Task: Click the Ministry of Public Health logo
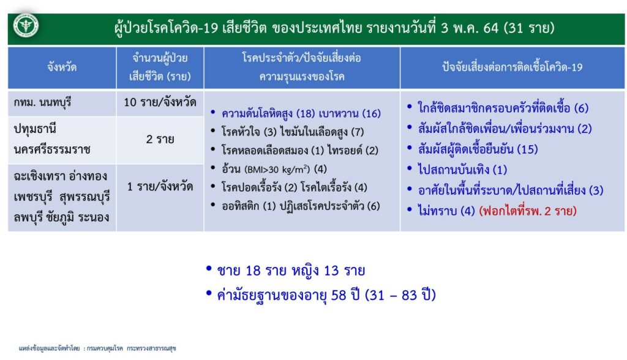pyautogui.click(x=26, y=26)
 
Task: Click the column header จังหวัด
pyautogui.click(x=62, y=67)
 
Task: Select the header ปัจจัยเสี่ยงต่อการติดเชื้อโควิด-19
pyautogui.click(x=512, y=67)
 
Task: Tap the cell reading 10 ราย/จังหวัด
pyautogui.click(x=160, y=102)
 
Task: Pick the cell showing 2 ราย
pyautogui.click(x=160, y=139)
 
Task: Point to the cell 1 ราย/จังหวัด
pyautogui.click(x=160, y=186)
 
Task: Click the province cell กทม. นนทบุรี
pyautogui.click(x=42, y=103)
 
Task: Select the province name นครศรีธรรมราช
pyautogui.click(x=52, y=149)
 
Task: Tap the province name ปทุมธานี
pyautogui.click(x=35, y=129)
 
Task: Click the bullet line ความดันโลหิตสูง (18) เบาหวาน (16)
pyautogui.click(x=301, y=114)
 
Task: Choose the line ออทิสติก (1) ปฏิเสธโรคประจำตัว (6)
pyautogui.click(x=301, y=206)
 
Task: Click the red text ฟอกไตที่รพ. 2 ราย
pyautogui.click(x=528, y=211)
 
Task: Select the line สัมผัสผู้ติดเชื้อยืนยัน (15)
pyautogui.click(x=478, y=149)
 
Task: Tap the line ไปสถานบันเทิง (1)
pyautogui.click(x=463, y=170)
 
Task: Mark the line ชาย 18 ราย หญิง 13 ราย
pyautogui.click(x=291, y=271)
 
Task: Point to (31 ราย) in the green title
pyautogui.click(x=528, y=28)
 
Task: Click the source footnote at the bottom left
pyautogui.click(x=97, y=348)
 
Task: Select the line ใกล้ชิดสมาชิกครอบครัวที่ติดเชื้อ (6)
pyautogui.click(x=503, y=108)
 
